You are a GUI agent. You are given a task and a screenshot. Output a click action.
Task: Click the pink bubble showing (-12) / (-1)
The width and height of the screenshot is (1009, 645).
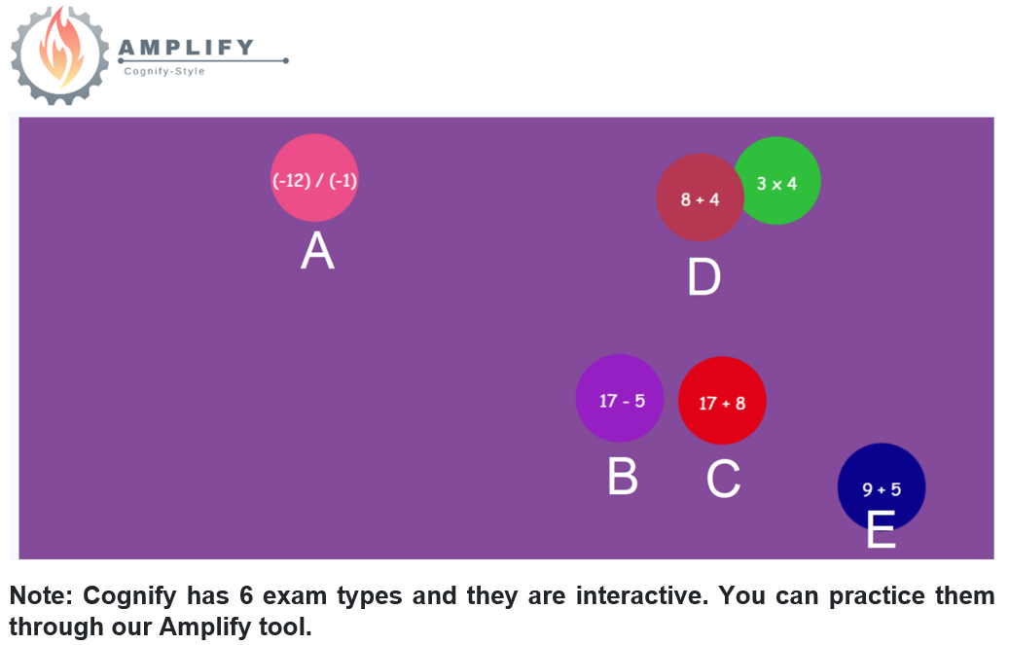(x=314, y=178)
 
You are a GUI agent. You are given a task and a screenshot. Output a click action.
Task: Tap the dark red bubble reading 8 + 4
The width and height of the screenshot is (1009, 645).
(x=700, y=197)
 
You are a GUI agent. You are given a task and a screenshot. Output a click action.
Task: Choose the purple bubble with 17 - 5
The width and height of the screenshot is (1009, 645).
(x=620, y=399)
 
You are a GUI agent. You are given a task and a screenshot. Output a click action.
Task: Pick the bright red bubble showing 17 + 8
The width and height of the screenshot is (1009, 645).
(x=722, y=401)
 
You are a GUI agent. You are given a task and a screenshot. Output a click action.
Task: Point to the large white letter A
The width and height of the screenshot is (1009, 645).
(x=317, y=250)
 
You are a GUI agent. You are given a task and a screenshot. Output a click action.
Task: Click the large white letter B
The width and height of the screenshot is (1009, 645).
(x=623, y=477)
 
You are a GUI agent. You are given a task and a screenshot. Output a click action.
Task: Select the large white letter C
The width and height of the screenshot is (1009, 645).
(x=723, y=479)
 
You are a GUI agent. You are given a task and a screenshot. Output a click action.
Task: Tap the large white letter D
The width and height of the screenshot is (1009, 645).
(x=704, y=277)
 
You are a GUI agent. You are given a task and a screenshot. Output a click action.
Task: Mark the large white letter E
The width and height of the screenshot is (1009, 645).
(x=881, y=528)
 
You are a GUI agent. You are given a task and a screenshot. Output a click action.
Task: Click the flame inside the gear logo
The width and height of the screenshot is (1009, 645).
(x=60, y=51)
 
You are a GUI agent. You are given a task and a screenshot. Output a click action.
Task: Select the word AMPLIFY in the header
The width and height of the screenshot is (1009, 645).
(x=187, y=47)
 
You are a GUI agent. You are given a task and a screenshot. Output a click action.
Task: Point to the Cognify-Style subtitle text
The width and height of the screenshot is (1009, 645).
(x=164, y=71)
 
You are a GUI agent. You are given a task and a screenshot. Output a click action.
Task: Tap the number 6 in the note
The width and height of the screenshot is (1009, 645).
(x=246, y=595)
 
